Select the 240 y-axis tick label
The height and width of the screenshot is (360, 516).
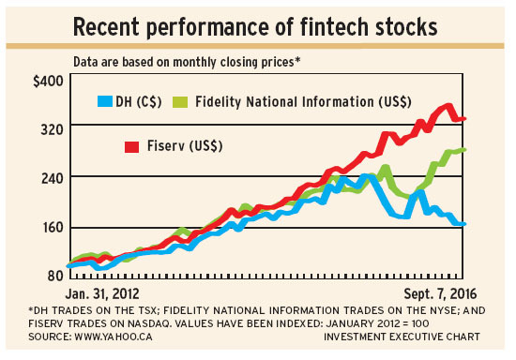[x=48, y=178]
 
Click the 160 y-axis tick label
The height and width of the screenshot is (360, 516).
[x=48, y=227]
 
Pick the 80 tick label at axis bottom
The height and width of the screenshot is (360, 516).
[x=52, y=275]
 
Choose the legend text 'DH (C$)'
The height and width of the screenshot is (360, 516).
[x=144, y=100]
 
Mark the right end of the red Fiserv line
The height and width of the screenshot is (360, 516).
[x=464, y=119]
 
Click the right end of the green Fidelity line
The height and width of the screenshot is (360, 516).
[x=464, y=150]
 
